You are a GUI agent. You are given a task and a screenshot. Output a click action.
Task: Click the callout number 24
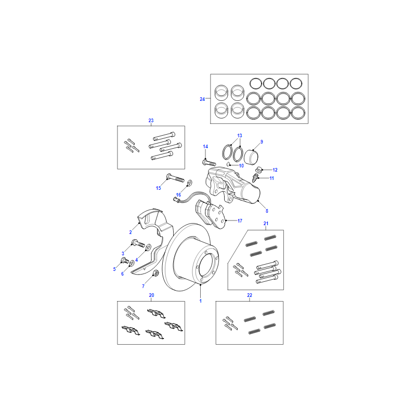point(202,99)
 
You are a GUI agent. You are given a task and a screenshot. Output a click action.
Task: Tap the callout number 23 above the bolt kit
point(151,121)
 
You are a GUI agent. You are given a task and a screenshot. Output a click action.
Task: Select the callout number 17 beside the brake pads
point(240,220)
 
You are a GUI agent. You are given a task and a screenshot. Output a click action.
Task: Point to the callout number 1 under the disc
point(201,301)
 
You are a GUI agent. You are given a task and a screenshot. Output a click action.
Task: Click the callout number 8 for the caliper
point(267,211)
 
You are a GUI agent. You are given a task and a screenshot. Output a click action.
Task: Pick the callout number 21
point(266,224)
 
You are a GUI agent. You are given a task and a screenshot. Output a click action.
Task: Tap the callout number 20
point(151,295)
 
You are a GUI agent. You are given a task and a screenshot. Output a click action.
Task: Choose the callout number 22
point(250,295)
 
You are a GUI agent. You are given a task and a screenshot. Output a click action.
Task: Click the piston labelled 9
point(251,157)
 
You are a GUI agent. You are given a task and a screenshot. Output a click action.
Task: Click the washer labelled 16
point(190,183)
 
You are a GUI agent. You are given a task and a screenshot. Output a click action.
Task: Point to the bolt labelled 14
point(209,162)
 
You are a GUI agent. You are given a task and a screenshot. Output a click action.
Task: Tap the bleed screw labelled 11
point(255,177)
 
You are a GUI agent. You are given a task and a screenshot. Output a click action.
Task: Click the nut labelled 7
point(157,272)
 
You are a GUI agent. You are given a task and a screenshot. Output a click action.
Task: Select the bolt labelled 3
point(138,243)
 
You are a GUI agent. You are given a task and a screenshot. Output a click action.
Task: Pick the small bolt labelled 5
point(125,261)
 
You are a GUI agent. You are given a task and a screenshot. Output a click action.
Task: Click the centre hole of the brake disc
point(206,265)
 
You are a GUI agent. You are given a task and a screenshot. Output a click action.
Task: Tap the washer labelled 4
point(149,248)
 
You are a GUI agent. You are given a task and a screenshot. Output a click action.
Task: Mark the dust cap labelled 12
point(258,169)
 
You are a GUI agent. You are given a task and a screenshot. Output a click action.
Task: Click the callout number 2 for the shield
point(131,232)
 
